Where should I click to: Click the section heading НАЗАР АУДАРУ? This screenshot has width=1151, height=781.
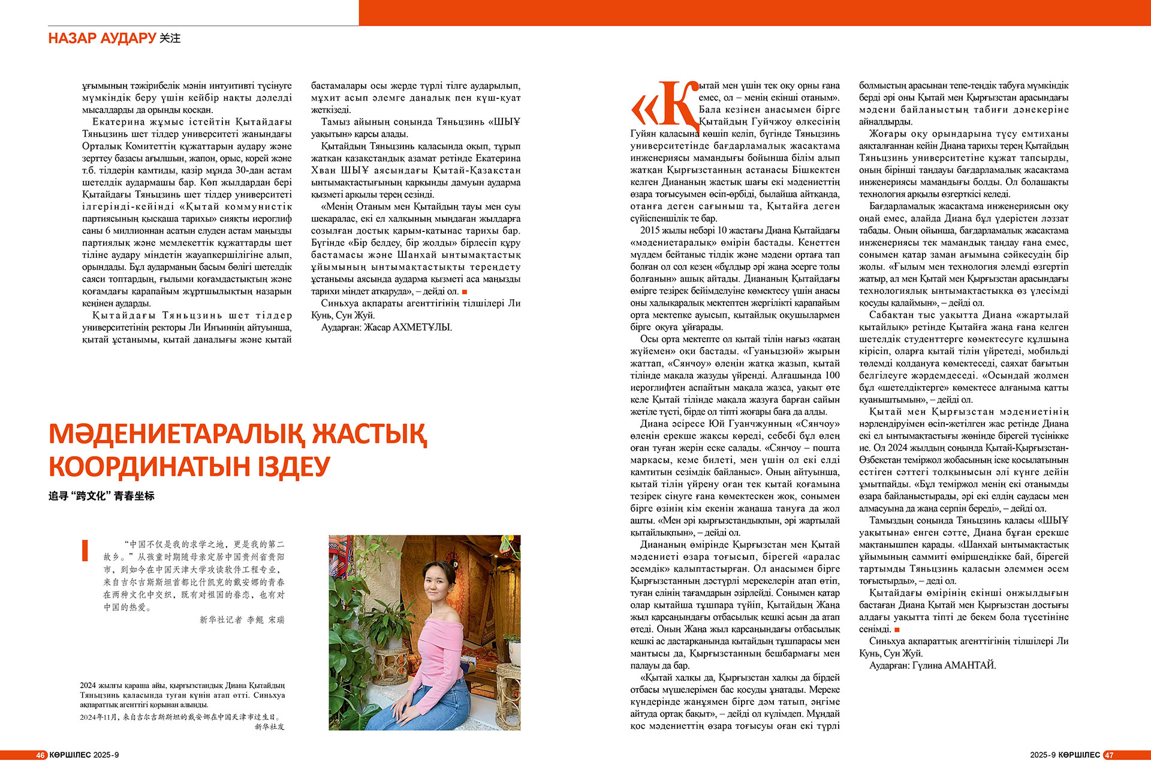(102, 38)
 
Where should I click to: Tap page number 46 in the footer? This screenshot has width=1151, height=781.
(41, 755)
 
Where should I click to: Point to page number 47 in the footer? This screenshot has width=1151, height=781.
(1108, 755)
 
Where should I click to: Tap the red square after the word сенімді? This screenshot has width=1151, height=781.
(897, 629)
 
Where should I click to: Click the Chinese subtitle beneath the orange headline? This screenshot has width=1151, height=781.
(101, 496)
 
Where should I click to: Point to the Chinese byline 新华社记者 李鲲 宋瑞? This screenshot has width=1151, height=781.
(242, 620)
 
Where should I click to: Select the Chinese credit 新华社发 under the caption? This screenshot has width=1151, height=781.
(269, 726)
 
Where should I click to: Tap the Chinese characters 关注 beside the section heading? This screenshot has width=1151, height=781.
(170, 38)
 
